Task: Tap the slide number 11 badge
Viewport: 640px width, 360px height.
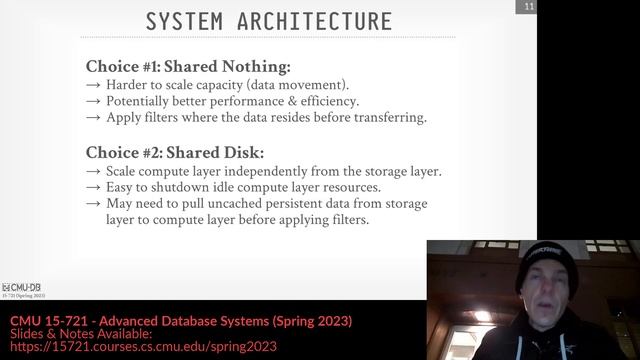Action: pyautogui.click(x=528, y=8)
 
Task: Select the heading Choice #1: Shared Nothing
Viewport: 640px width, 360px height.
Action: pyautogui.click(x=188, y=67)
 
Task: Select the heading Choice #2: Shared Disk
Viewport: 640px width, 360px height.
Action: pyautogui.click(x=175, y=152)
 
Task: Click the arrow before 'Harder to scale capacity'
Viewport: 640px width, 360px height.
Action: pyautogui.click(x=93, y=85)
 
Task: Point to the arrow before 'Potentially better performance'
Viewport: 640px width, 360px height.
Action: pyautogui.click(x=93, y=101)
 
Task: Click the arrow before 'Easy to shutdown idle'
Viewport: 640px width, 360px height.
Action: pyautogui.click(x=93, y=187)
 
